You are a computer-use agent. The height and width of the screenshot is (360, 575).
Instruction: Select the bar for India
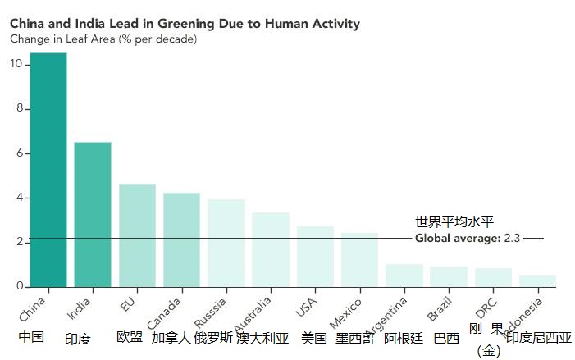93,215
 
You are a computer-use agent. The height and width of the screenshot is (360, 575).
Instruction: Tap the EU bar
137,235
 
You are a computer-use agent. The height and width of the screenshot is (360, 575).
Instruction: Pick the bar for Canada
181,240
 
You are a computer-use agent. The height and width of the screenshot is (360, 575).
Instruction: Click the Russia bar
226,244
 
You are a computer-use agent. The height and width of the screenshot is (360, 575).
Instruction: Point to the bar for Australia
270,250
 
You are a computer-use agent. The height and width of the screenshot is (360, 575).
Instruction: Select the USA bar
314,257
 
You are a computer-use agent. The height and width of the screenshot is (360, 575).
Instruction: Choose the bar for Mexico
358,260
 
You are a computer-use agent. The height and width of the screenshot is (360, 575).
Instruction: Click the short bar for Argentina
404,276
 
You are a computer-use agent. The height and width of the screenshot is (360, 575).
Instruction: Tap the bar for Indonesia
537,280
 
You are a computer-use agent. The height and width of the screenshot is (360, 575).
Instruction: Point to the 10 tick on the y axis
15,65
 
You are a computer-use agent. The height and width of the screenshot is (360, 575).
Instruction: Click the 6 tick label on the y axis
18,153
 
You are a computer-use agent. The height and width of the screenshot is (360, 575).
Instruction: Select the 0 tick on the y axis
18,286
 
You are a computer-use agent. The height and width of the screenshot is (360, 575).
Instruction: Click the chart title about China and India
185,24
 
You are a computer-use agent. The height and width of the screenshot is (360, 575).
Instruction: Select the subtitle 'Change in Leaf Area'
103,39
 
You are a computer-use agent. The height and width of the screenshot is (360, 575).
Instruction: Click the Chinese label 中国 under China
31,337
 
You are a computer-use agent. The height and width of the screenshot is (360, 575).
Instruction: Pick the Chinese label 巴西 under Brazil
446,338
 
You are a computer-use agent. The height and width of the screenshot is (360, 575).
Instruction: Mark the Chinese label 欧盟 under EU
130,337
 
